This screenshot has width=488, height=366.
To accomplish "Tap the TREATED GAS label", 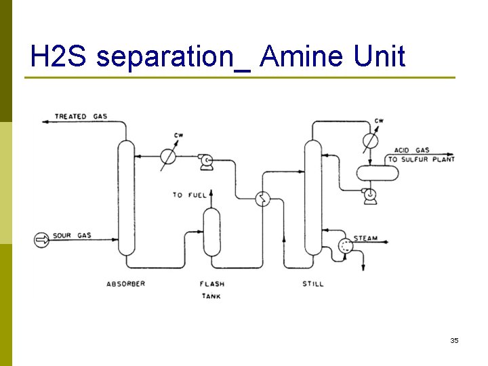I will point(81,117).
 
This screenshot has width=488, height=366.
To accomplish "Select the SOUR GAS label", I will point(71,236).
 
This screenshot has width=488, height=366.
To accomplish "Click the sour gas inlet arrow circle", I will point(42,239).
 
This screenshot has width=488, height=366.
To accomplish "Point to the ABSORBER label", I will point(126,284).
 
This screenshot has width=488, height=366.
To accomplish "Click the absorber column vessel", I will point(126,197).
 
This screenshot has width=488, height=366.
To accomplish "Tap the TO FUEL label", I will point(189,195).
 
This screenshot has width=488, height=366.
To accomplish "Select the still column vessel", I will point(312,197).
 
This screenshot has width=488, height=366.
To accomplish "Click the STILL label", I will point(313,284).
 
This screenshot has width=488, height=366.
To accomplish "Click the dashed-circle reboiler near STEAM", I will point(346,246).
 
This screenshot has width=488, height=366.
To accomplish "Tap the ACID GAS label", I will point(412,150).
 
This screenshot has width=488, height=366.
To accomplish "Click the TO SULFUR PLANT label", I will point(421,160).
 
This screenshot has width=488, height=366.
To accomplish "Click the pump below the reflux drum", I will point(370,196).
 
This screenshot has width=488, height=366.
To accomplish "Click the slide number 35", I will point(454,340).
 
